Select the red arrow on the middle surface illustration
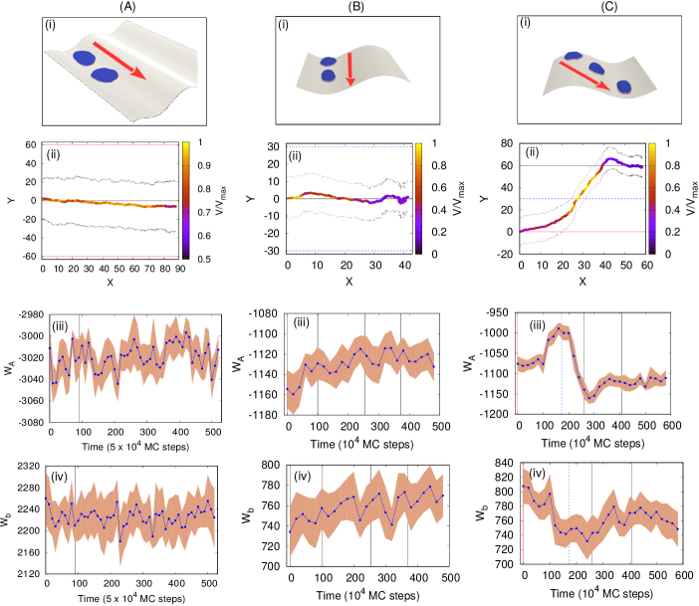[x=349, y=69]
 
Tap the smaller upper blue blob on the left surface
[x=84, y=58]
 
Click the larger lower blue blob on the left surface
[x=105, y=76]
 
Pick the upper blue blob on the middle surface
[x=329, y=62]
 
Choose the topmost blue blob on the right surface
[x=573, y=56]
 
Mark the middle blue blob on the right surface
[x=595, y=69]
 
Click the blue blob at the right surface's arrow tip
[x=624, y=88]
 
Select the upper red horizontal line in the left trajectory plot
[x=110, y=145]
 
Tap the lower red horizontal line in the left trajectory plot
[x=110, y=257]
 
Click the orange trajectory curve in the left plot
[x=110, y=203]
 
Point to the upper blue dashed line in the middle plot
[x=349, y=147]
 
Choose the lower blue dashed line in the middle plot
[x=349, y=251]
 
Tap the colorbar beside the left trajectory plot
[x=185, y=199]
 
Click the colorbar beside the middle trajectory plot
[x=418, y=199]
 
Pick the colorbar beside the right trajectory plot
[x=652, y=199]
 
